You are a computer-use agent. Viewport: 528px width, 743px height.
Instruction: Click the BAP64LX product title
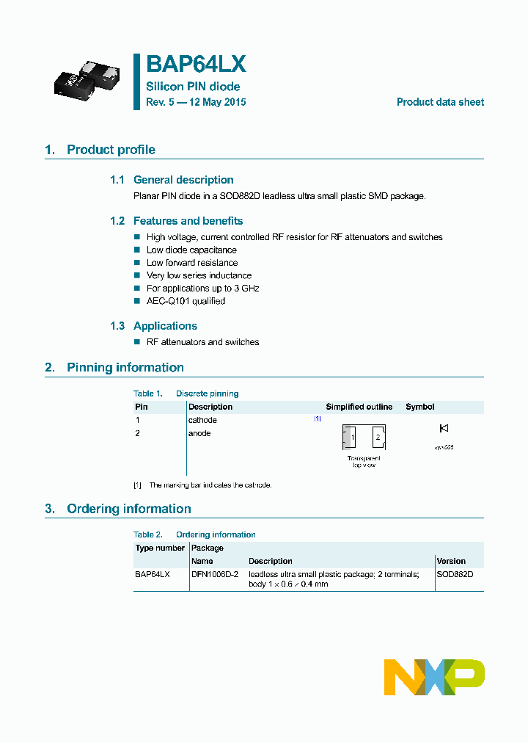(196, 65)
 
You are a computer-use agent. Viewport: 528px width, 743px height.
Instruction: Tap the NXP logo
(434, 677)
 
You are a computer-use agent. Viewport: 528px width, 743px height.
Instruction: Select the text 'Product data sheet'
(440, 102)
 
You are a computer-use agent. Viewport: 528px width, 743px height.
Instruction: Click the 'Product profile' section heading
(111, 150)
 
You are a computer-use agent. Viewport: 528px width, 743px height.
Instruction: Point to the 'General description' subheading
(183, 180)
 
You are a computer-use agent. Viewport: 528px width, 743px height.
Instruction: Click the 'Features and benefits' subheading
(188, 221)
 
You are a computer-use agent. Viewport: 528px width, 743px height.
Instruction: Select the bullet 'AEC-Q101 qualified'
(186, 301)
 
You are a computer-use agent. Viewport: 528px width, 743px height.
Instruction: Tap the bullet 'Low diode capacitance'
(191, 250)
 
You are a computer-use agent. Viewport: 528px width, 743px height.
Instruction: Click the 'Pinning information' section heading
(125, 368)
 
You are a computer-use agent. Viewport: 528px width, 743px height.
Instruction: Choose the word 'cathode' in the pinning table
(202, 420)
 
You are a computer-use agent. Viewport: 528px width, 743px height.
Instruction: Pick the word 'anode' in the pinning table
(199, 433)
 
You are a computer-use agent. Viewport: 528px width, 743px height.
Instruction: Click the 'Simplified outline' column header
(359, 407)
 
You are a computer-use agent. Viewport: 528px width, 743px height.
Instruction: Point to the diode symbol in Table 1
(443, 428)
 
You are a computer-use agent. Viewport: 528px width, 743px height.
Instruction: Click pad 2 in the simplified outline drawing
(378, 438)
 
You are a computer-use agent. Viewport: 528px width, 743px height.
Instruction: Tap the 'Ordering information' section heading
(128, 509)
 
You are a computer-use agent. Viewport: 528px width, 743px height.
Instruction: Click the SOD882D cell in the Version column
(455, 574)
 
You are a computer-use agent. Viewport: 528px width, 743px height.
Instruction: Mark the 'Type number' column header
(160, 548)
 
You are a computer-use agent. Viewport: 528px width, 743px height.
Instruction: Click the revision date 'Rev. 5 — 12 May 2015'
(196, 102)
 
